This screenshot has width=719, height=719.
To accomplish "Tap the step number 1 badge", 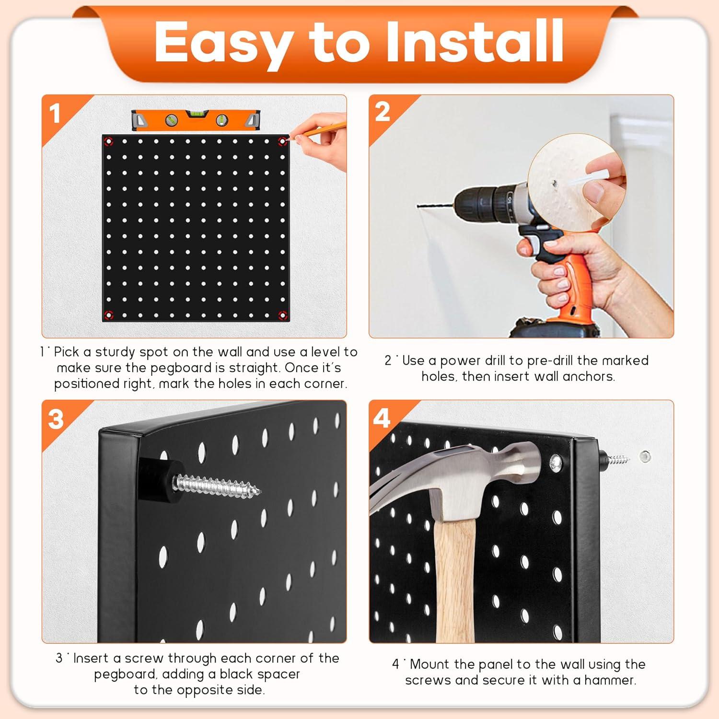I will click(55, 114).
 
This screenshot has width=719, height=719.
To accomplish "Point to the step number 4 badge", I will click(382, 418).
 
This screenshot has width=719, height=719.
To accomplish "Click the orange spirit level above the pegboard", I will click(197, 120).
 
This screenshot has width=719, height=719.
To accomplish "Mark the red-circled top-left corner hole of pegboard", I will click(108, 141).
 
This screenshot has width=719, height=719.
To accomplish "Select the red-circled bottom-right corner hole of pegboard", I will click(283, 315).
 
